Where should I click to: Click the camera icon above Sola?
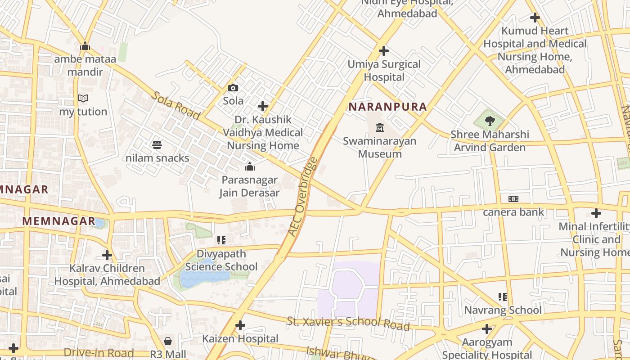[233, 88]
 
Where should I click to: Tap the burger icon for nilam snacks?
[157, 145]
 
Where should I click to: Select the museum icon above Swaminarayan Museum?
[380, 128]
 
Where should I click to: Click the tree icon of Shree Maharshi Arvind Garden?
[490, 121]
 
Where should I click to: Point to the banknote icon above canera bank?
[513, 199]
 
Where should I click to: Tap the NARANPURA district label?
[387, 107]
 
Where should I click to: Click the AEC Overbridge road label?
[303, 196]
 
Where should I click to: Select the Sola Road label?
[175, 106]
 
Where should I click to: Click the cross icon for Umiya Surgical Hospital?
[384, 51]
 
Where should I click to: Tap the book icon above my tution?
[83, 98]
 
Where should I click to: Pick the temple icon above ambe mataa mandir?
[85, 46]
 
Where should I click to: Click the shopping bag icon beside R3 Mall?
[168, 341]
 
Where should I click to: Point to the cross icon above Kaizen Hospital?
[240, 325]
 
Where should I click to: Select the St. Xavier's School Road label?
[348, 323]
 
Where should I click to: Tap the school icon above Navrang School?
[503, 297]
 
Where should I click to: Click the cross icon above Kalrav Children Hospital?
[107, 255]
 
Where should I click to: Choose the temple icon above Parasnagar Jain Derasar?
[249, 167]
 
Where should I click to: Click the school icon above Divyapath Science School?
[221, 240]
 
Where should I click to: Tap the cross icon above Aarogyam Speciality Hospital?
[486, 329]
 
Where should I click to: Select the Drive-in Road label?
[99, 353]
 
